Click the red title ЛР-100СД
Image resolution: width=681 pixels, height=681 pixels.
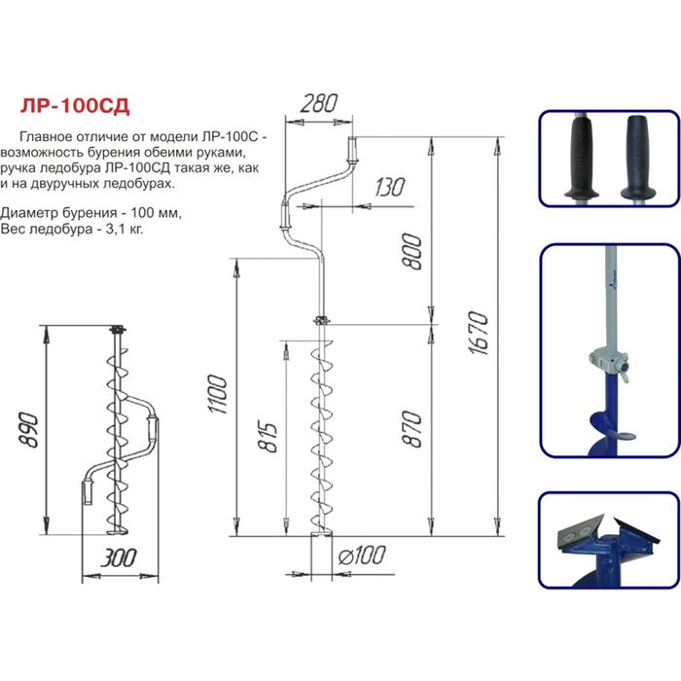(75, 105)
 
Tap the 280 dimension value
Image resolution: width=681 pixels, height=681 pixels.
(318, 103)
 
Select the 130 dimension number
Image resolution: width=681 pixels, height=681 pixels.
(389, 187)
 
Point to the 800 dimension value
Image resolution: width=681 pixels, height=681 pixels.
(412, 251)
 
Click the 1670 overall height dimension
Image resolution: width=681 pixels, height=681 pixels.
(479, 333)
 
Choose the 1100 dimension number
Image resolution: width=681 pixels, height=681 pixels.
(218, 394)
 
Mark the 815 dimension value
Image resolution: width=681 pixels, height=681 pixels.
(267, 436)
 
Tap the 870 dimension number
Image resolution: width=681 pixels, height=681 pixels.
(412, 429)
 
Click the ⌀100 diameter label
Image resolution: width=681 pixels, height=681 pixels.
(362, 556)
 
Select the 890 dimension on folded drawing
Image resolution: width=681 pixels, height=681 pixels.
(29, 430)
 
